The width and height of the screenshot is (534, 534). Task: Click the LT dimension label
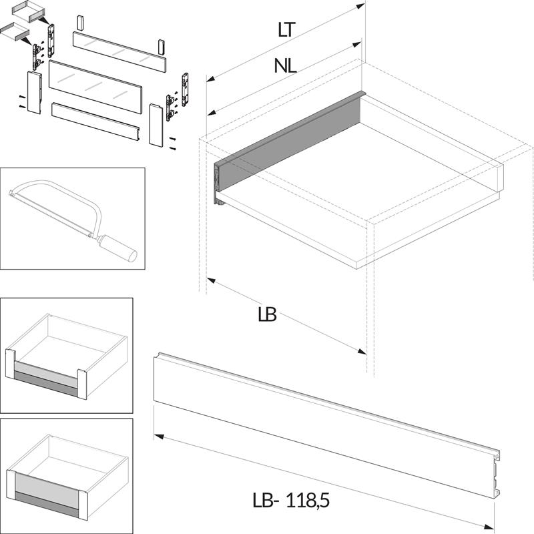pos(286,30)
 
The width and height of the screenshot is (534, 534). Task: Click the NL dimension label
pos(286,65)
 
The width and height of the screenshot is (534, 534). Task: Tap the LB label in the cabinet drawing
pos(268,314)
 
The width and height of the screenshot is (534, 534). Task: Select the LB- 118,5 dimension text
pos(291,501)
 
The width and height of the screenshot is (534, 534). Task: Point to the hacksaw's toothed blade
pos(51,214)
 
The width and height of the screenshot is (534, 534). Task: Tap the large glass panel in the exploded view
pos(95,87)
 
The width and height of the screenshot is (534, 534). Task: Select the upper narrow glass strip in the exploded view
pos(119,51)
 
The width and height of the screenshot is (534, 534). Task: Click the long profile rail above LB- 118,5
pos(327,425)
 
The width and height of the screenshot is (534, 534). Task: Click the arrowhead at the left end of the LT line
pos(211,79)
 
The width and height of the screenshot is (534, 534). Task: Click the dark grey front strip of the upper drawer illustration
pos(45,383)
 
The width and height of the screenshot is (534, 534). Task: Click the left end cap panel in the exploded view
pos(35,92)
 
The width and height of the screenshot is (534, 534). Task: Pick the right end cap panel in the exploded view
pos(156,125)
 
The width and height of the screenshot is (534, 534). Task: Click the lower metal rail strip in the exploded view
pos(95,122)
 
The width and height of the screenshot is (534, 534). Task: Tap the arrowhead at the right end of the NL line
pos(357,45)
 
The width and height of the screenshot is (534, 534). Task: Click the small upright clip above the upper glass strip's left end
pos(80,23)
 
